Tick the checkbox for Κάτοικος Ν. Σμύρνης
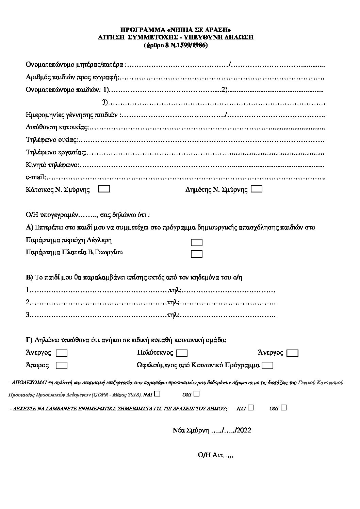(104, 189)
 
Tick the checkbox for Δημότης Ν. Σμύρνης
(256, 189)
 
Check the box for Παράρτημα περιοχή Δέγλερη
(197, 242)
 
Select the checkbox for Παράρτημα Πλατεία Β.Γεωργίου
(197, 254)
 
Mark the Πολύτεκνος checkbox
(182, 353)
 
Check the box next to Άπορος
(62, 366)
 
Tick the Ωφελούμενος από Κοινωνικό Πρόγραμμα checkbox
(268, 366)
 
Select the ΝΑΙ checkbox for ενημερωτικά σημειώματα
(250, 407)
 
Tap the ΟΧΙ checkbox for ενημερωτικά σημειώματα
(284, 407)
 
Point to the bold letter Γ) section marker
(29, 340)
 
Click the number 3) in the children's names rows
(105, 102)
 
